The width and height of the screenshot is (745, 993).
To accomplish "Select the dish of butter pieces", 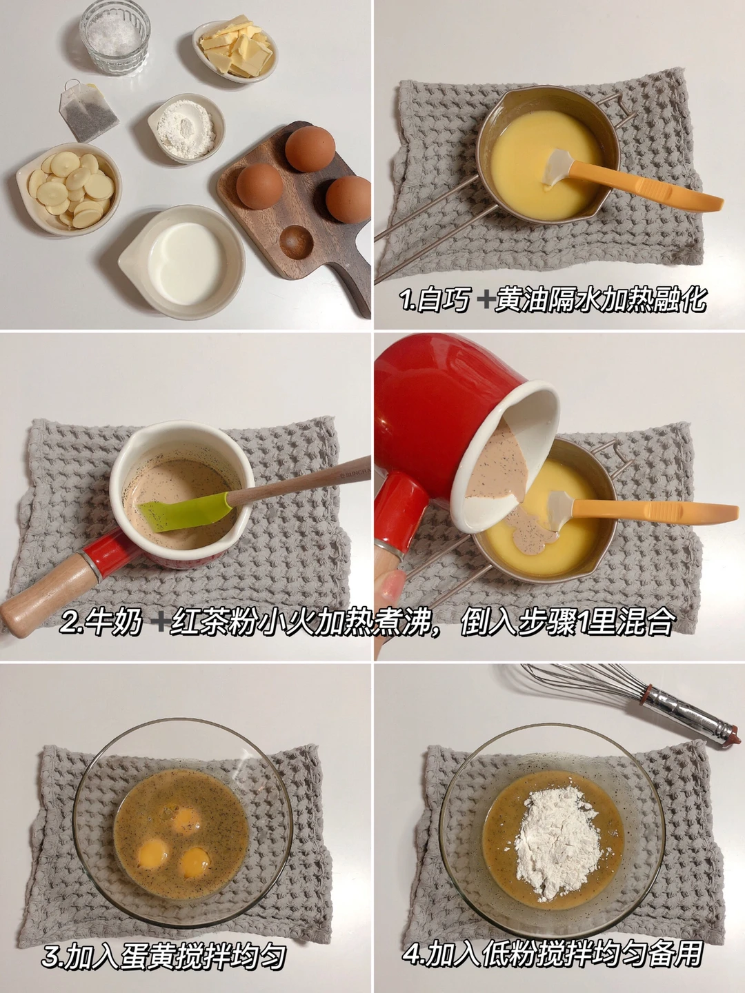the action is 235,50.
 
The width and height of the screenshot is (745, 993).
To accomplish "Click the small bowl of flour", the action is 186,128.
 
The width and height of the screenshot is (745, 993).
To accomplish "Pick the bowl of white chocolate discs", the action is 69,190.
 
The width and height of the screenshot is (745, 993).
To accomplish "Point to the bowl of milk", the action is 182,262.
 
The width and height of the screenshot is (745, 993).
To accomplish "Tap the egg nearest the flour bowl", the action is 259,186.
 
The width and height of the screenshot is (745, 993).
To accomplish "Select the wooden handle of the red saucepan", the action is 50,589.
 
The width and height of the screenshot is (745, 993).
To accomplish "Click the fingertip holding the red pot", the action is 392,586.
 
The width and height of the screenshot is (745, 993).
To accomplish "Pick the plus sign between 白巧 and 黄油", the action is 484,299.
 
